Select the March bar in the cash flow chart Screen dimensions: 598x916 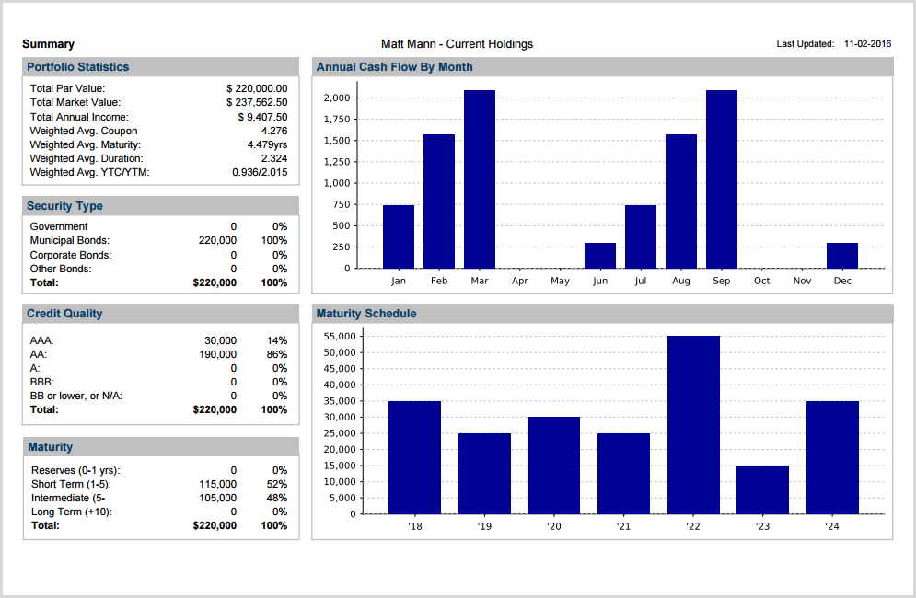480,179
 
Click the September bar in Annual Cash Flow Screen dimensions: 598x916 722,179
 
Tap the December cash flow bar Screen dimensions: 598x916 842,256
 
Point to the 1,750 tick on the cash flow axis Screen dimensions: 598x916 337,120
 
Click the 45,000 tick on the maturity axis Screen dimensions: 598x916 341,368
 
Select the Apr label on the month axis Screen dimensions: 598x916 520,282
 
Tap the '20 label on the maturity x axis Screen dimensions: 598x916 553,527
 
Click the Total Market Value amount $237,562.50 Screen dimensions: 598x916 257,102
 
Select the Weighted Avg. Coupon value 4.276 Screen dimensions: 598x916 274,131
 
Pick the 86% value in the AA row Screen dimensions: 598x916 276,354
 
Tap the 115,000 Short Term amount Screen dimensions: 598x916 217,484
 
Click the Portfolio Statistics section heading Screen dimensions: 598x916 78,67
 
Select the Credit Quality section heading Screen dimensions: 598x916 64,314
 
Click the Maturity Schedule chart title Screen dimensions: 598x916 366,314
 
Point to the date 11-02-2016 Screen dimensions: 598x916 868,44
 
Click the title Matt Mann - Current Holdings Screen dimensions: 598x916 457,44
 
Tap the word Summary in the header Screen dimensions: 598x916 48,44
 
